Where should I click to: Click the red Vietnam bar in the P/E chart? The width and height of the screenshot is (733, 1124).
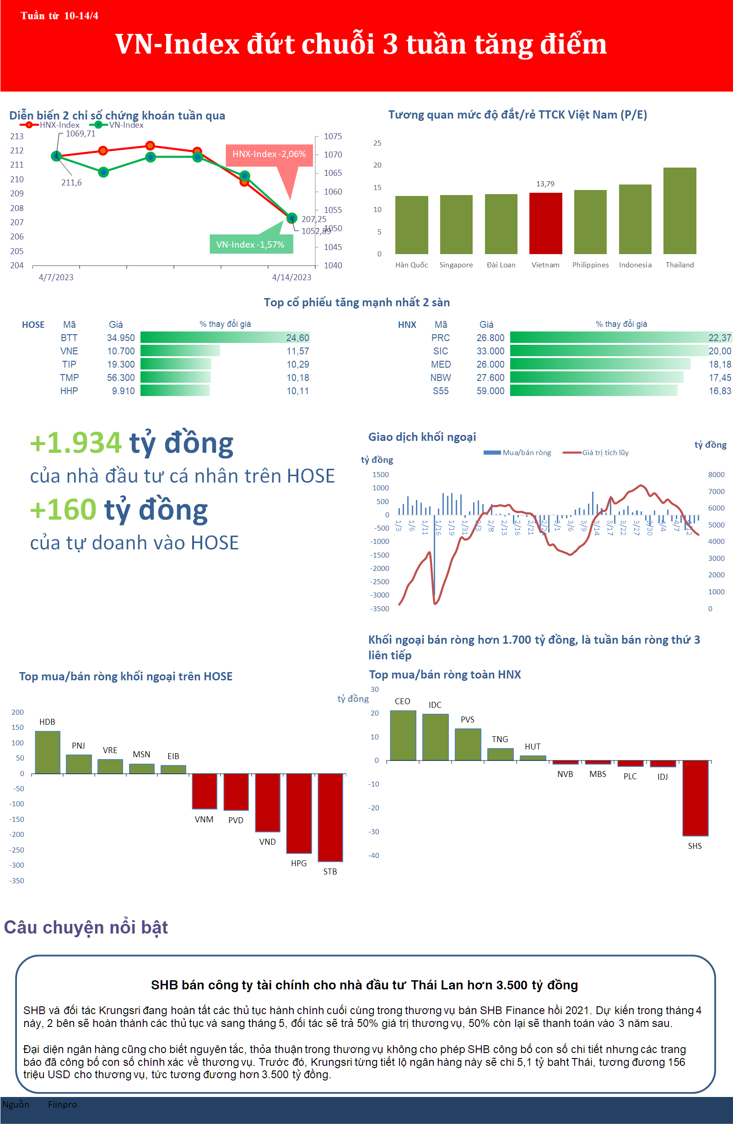click(545, 223)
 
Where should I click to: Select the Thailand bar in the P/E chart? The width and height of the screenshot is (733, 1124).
click(679, 211)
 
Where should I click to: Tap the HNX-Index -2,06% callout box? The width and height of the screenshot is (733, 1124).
click(269, 154)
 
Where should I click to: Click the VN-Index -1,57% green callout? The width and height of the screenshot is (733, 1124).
click(251, 244)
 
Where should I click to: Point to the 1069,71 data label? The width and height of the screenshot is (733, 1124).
click(80, 134)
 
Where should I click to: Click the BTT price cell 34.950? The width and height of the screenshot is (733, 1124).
click(121, 338)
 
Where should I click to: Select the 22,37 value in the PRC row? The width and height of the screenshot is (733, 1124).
click(719, 338)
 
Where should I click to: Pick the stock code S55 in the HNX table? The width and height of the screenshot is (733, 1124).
click(440, 391)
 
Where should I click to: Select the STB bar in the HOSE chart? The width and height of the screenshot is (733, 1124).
click(330, 817)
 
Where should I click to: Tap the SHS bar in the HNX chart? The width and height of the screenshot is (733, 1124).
click(695, 798)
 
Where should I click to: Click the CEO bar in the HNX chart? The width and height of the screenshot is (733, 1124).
click(403, 735)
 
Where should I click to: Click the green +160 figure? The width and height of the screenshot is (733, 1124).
click(63, 510)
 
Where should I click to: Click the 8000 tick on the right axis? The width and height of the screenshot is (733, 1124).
click(716, 475)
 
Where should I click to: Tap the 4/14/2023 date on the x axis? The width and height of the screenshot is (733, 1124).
click(291, 277)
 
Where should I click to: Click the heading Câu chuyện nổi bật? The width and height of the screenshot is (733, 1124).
click(86, 927)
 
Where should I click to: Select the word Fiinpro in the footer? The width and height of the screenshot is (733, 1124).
click(62, 1104)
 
